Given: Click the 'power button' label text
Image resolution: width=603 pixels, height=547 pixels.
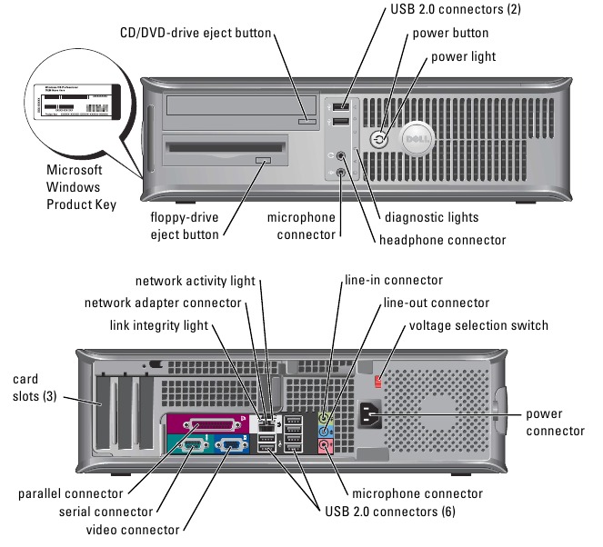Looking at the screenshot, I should tap(450, 33).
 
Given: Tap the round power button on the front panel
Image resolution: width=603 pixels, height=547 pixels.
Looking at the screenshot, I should tap(379, 139).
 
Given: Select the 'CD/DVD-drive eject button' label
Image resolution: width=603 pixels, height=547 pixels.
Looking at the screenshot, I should tap(196, 33).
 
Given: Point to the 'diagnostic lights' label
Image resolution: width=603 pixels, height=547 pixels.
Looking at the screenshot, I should tap(431, 217).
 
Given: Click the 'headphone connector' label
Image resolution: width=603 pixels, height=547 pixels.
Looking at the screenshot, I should tap(442, 240).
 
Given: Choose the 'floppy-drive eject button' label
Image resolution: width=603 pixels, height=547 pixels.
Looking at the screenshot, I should tap(185, 226).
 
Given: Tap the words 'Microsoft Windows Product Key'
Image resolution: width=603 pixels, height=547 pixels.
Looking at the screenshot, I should tap(81, 187).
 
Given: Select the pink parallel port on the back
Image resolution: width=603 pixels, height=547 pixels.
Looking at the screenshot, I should tap(206, 424).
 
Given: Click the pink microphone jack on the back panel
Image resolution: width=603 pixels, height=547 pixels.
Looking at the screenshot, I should tap(327, 445).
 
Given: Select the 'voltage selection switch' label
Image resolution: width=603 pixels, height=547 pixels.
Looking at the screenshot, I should tap(478, 325).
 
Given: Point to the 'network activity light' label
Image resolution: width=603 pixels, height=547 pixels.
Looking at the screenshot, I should tap(196, 281).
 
